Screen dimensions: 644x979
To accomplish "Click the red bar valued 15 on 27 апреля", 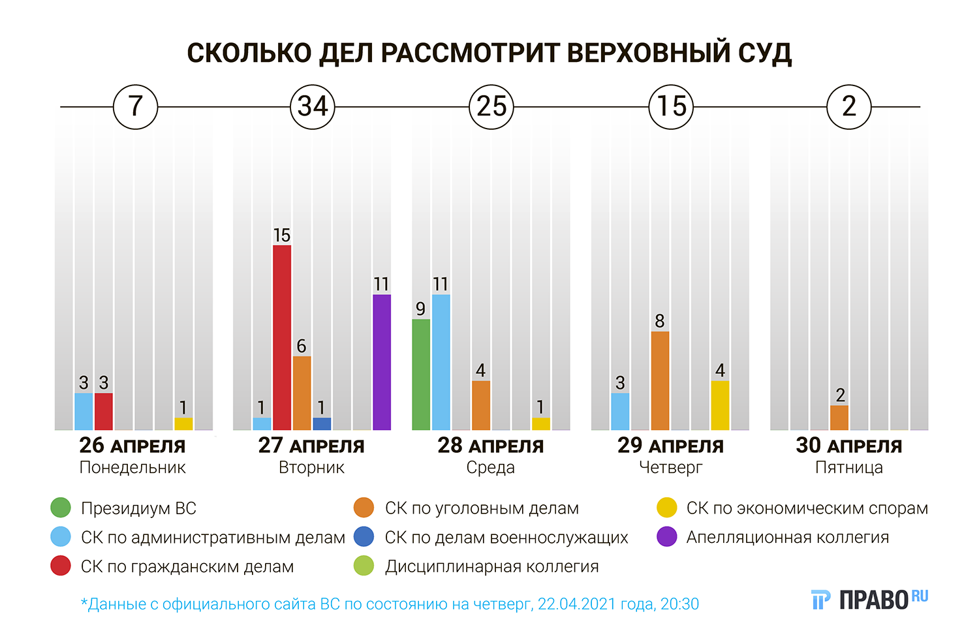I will tap(282, 337).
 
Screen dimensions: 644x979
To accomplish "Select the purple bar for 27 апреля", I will tap(382, 362).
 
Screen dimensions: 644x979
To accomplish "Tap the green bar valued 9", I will tap(421, 375).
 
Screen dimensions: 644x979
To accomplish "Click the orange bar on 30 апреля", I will tap(839, 418).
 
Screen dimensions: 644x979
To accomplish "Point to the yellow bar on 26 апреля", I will tap(183, 423).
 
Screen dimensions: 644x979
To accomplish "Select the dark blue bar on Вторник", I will tap(322, 423).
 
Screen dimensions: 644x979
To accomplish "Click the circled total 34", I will tap(313, 106).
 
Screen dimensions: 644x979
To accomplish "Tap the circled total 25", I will tap(491, 106).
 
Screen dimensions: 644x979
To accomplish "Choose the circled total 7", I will tap(136, 106).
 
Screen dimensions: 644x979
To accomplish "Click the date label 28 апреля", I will tap(490, 446).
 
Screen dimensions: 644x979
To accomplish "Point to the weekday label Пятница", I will tap(848, 468).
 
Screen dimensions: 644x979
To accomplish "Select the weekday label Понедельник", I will tap(132, 468).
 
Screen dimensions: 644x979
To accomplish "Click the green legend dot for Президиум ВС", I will tap(61, 508).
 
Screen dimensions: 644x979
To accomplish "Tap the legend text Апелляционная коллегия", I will tap(787, 537).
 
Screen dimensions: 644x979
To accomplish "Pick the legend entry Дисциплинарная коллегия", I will tap(491, 566).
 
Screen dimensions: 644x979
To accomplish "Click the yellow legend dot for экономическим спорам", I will tap(667, 508).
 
